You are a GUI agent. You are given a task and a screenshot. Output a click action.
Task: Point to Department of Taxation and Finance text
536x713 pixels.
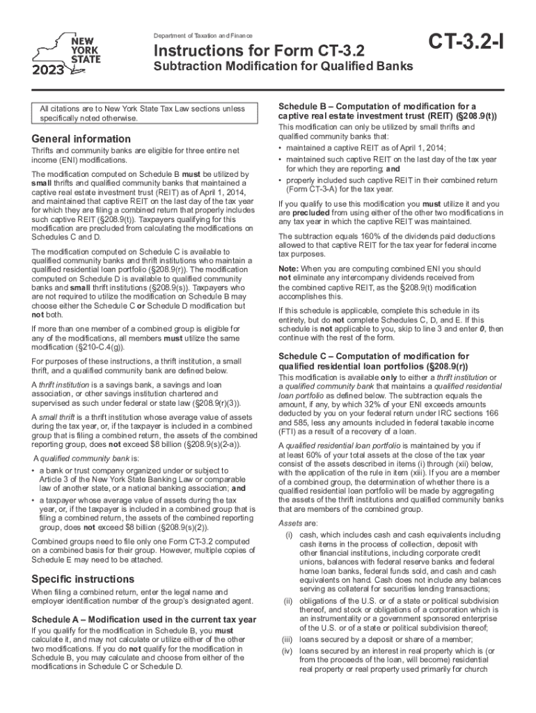pyautogui.click(x=203, y=36)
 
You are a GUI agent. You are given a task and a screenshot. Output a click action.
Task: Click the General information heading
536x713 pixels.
pyautogui.click(x=81, y=139)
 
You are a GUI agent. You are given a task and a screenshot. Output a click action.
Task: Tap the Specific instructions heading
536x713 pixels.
pyautogui.click(x=83, y=579)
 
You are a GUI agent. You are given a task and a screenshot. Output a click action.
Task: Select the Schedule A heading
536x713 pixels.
pyautogui.click(x=143, y=619)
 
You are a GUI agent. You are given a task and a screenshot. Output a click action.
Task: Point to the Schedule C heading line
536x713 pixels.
pyautogui.click(x=374, y=356)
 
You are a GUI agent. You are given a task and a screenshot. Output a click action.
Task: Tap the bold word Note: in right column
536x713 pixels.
pyautogui.click(x=287, y=268)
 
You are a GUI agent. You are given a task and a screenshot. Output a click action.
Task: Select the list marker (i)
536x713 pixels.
pyautogui.click(x=287, y=535)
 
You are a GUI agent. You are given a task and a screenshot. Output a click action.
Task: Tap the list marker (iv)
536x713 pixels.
pyautogui.click(x=286, y=651)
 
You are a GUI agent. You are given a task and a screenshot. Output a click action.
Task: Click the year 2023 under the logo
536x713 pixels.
pyautogui.click(x=47, y=70)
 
